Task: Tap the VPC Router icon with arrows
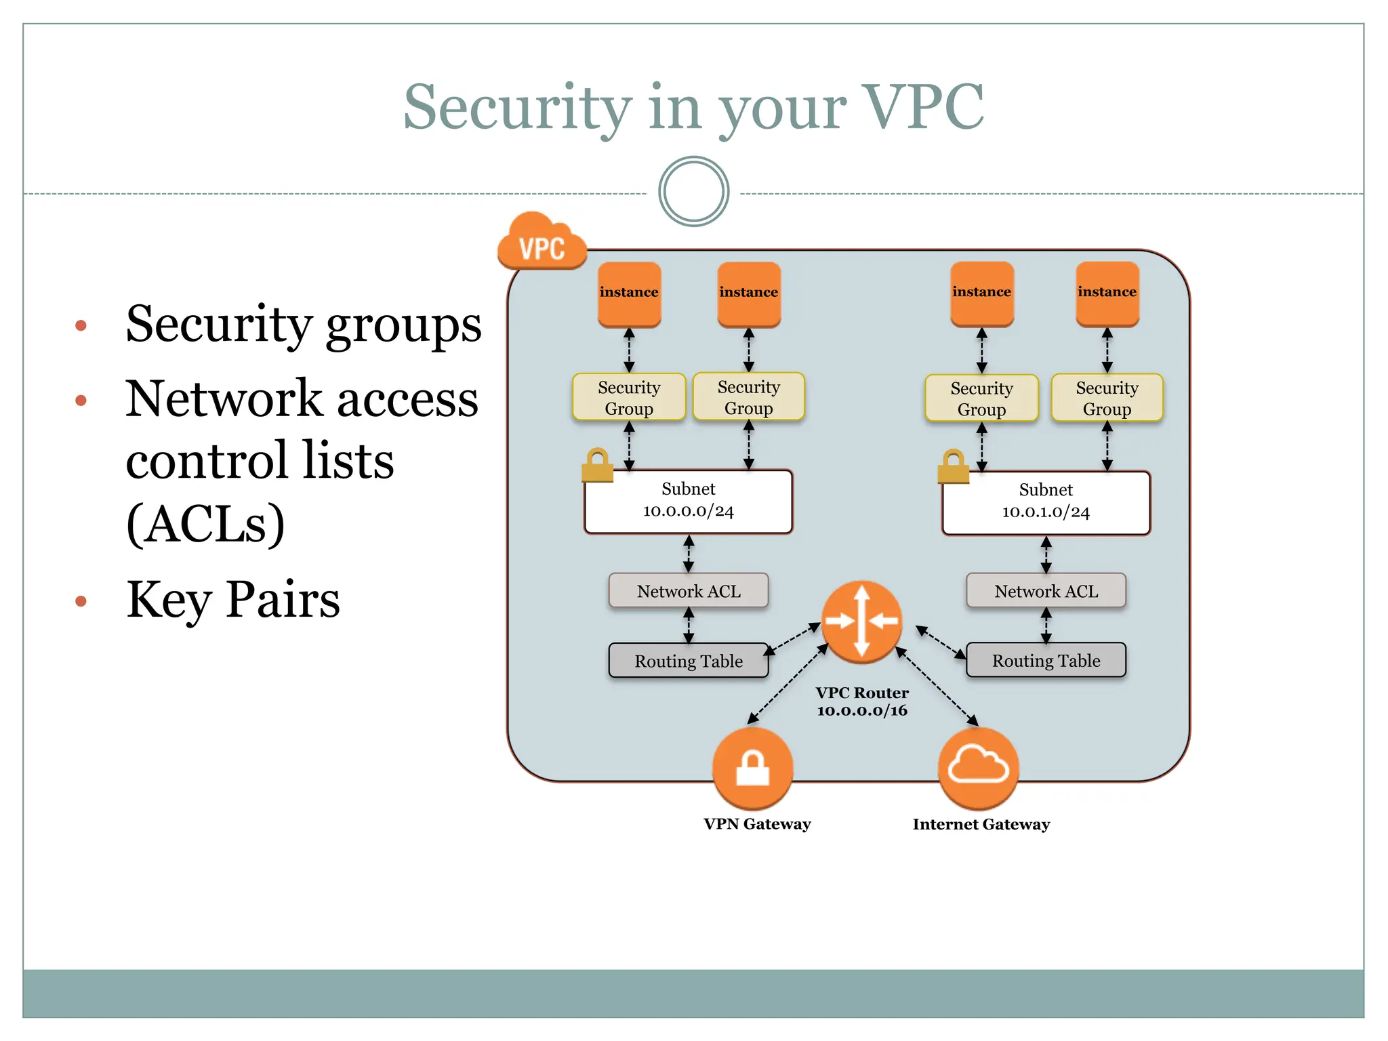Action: click(x=861, y=621)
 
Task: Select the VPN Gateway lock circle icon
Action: click(x=752, y=768)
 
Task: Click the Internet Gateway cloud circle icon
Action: click(x=978, y=768)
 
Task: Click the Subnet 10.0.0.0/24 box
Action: click(x=689, y=502)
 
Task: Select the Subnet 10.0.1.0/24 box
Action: click(x=1046, y=502)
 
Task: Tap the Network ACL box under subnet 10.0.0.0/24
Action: click(x=689, y=591)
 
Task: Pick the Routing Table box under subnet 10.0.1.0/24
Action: click(x=1046, y=660)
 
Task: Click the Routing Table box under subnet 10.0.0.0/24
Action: click(x=689, y=661)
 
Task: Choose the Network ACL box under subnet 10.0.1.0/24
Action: click(x=1046, y=591)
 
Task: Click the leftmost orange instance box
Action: click(x=629, y=293)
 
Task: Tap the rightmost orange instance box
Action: click(x=1107, y=293)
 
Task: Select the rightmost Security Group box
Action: click(x=1107, y=398)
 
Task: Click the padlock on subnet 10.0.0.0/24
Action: click(x=598, y=466)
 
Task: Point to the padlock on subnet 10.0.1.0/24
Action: click(x=954, y=467)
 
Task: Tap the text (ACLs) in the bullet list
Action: click(x=205, y=523)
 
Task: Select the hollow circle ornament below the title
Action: click(x=693, y=192)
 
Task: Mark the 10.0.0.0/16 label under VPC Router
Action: click(x=861, y=711)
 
